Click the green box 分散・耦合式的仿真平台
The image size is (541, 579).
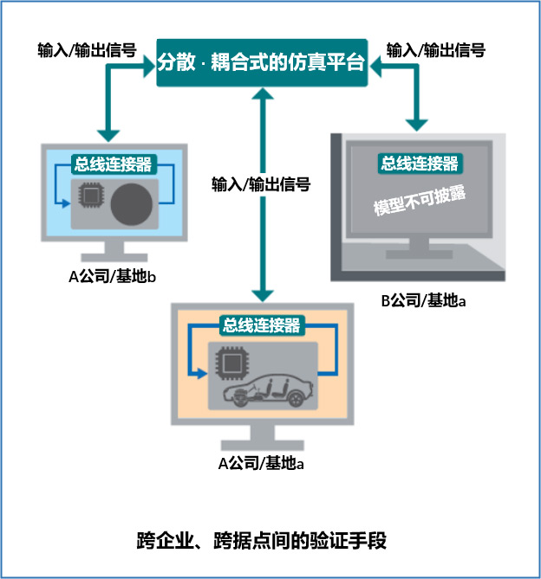(x=261, y=62)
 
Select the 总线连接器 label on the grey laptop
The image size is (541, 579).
(x=419, y=162)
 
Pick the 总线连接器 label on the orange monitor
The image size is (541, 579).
(x=262, y=325)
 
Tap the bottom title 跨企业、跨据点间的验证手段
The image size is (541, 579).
(x=261, y=538)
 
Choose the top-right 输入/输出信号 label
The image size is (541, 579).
(x=435, y=49)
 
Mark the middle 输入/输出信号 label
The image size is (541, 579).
(x=260, y=183)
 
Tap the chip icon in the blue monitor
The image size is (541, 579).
(x=89, y=197)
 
